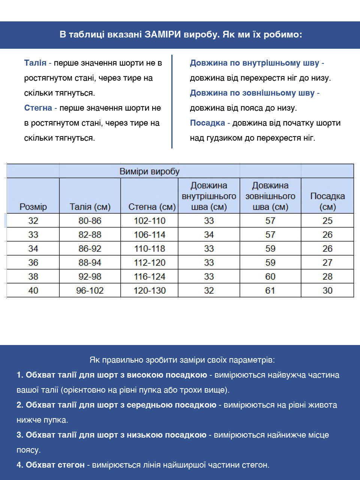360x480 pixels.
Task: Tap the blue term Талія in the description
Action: pyautogui.click(x=35, y=63)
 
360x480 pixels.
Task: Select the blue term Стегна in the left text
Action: pyautogui.click(x=38, y=108)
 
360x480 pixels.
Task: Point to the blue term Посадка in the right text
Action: pyautogui.click(x=207, y=123)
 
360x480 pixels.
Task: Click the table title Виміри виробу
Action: pyautogui.click(x=149, y=171)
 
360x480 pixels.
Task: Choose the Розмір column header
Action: pyautogui.click(x=33, y=207)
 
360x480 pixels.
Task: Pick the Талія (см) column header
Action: pyautogui.click(x=90, y=207)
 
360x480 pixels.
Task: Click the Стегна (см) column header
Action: pyautogui.click(x=151, y=207)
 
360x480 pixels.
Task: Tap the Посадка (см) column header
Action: pyautogui.click(x=327, y=201)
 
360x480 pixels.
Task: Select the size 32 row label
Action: pyautogui.click(x=33, y=221)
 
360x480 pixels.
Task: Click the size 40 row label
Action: pyautogui.click(x=33, y=291)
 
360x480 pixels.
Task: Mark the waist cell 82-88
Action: pyautogui.click(x=90, y=235)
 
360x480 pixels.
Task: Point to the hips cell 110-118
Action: pyautogui.click(x=150, y=249)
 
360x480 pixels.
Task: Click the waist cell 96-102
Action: pyautogui.click(x=90, y=291)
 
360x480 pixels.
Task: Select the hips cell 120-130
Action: pyautogui.click(x=150, y=291)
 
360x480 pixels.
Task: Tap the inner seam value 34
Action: pyautogui.click(x=209, y=235)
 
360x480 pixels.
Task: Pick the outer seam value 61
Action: pyautogui.click(x=270, y=291)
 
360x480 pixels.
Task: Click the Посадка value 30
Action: pyautogui.click(x=327, y=291)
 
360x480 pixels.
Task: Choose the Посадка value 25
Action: pyautogui.click(x=327, y=221)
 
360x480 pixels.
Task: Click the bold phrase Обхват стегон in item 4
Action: pyautogui.click(x=55, y=465)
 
